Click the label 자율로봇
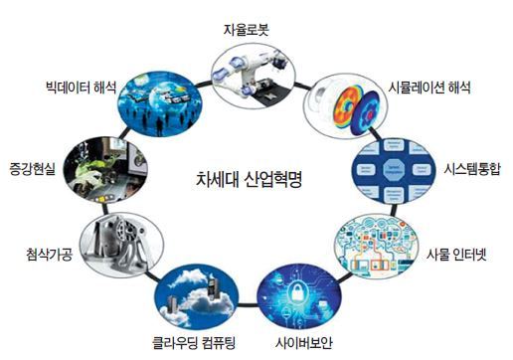(x=246, y=30)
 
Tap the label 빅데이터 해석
(x=82, y=88)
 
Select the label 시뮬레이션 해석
(x=429, y=88)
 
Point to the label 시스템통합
(x=472, y=169)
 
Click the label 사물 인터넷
(x=456, y=255)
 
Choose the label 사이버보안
(x=303, y=343)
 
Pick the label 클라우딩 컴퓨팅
(x=194, y=343)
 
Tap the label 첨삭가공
(x=49, y=255)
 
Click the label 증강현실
(x=32, y=169)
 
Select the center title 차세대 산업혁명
(x=249, y=179)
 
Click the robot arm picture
(x=254, y=77)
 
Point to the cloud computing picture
(x=197, y=296)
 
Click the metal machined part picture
(x=122, y=245)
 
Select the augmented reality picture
(x=105, y=169)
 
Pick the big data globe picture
(x=160, y=103)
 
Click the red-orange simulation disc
(x=348, y=106)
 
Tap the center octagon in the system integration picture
(x=394, y=169)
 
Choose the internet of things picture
(x=376, y=247)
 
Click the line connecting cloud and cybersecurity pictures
(x=248, y=305)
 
